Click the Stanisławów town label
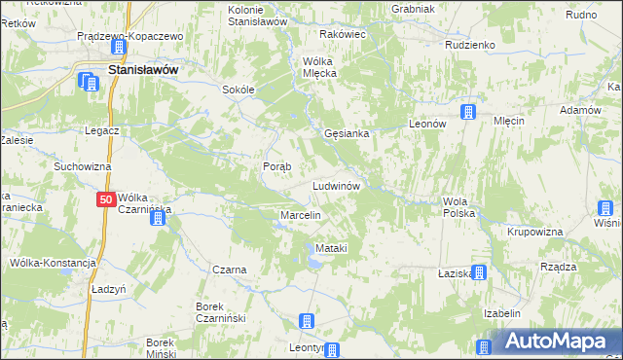148,71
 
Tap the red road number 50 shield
107,199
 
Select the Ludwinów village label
337,185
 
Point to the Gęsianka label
346,133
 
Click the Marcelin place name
300,214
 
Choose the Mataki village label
331,249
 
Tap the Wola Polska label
458,206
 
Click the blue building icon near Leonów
468,112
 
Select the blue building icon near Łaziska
478,273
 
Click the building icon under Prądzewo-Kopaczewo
118,47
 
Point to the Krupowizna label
535,233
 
